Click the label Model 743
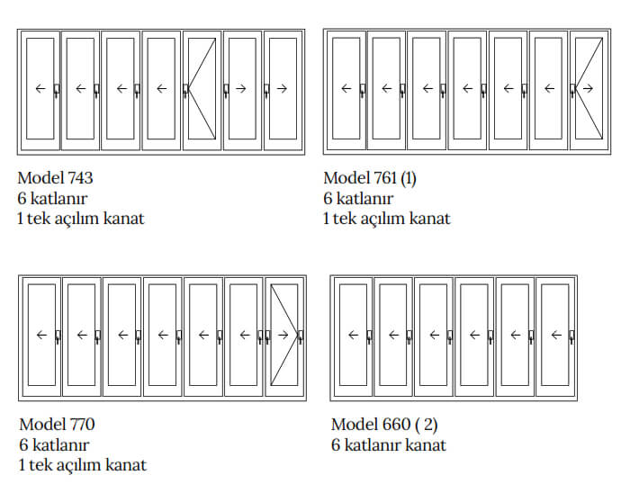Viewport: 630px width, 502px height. (x=55, y=178)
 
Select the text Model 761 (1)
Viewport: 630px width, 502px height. (x=370, y=178)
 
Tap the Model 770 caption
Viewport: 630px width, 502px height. (x=57, y=424)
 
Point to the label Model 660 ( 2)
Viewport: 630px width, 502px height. (x=384, y=424)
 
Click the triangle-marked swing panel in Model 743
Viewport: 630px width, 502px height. (x=202, y=88)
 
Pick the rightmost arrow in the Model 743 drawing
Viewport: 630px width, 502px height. (x=282, y=88)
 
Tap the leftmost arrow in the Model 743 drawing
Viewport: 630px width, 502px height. (x=40, y=88)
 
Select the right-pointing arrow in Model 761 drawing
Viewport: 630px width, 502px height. (x=588, y=88)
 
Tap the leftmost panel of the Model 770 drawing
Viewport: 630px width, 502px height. (x=41, y=336)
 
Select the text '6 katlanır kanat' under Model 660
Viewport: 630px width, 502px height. (x=388, y=444)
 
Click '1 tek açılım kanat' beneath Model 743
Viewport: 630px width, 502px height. (x=81, y=219)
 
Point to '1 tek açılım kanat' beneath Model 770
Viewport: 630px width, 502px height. (x=83, y=465)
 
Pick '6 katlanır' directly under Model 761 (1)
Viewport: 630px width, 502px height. (x=357, y=198)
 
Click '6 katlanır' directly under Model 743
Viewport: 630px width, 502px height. (x=51, y=198)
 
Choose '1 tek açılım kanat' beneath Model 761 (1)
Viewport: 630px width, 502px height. (x=387, y=219)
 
